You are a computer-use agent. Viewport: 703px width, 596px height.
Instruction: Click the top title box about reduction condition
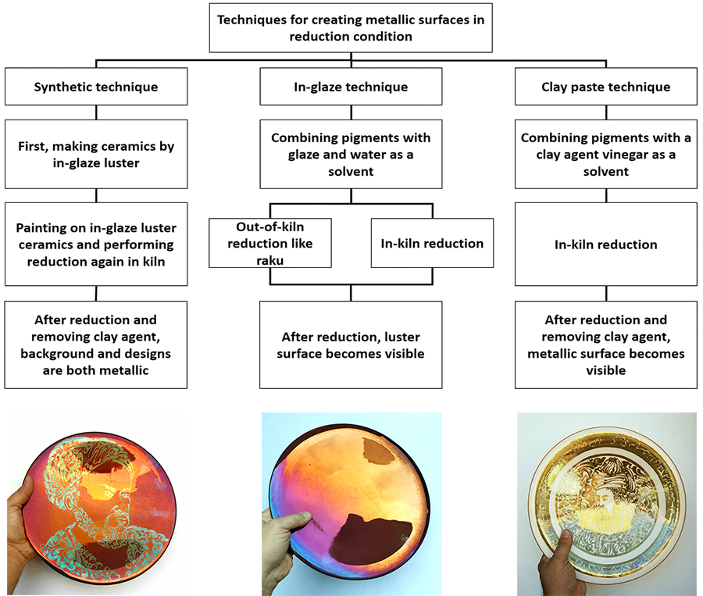click(351, 27)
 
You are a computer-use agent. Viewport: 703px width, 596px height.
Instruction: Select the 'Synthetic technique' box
click(95, 87)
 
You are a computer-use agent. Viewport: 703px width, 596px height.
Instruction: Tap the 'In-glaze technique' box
click(351, 87)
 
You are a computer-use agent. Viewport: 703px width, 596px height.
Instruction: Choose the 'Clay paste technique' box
click(605, 87)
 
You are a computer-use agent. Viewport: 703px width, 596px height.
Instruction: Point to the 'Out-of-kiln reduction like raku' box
click(269, 244)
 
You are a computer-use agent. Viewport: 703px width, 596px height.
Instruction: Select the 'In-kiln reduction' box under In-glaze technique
click(432, 244)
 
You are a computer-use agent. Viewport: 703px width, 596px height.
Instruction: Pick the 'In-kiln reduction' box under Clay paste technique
click(605, 244)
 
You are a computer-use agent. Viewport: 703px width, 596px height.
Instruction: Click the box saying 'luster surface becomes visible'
click(351, 345)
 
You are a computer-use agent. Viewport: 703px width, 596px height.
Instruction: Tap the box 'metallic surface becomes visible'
click(605, 345)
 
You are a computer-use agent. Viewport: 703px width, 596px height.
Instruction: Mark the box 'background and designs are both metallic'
click(95, 345)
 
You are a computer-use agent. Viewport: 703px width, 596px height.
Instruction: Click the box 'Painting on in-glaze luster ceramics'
click(95, 244)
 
